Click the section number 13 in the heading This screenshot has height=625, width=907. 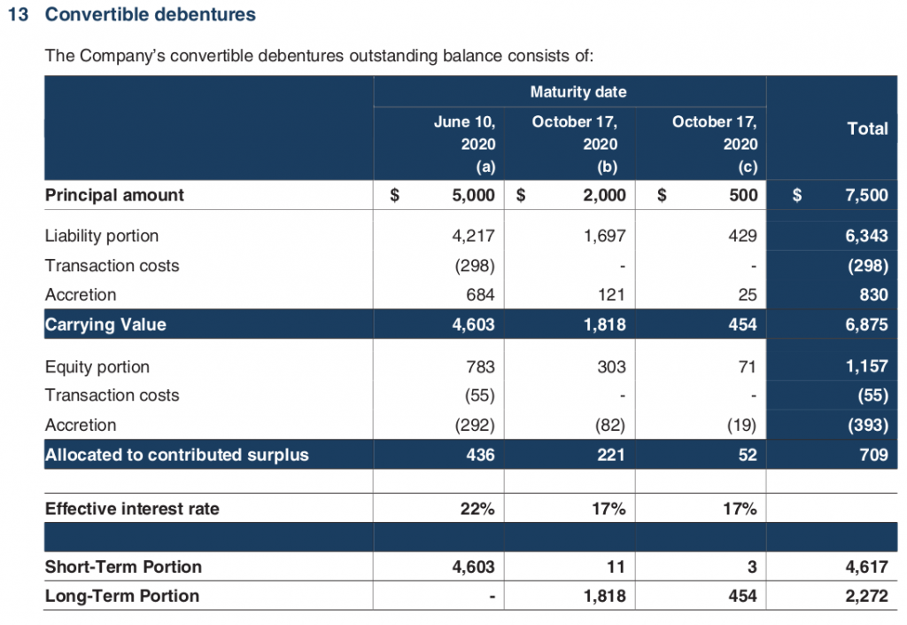click(x=18, y=14)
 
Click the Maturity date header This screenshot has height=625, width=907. click(x=578, y=91)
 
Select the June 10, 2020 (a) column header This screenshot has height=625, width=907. click(x=464, y=145)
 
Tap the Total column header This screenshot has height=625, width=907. click(x=867, y=129)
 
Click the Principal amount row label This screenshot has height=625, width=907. click(x=114, y=195)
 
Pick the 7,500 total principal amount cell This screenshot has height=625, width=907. click(x=866, y=195)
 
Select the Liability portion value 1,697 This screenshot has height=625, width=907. click(x=604, y=236)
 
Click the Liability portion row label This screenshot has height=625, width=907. click(x=102, y=236)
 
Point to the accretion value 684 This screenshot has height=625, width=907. click(x=480, y=294)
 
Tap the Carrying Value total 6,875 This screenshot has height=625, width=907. click(x=866, y=324)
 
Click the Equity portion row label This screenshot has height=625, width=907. click(x=97, y=367)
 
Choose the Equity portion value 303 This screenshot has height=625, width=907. click(x=611, y=367)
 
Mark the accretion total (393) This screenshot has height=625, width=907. click(x=868, y=426)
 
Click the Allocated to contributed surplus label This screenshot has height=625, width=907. click(x=177, y=455)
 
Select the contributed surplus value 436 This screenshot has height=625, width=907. click(x=480, y=455)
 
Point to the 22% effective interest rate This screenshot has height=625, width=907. click(x=477, y=509)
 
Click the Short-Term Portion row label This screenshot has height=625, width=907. click(x=123, y=566)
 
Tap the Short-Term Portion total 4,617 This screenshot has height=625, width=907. click(x=866, y=566)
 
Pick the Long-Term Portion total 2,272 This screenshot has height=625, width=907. click(x=866, y=596)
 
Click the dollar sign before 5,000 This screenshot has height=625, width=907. click(x=394, y=195)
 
